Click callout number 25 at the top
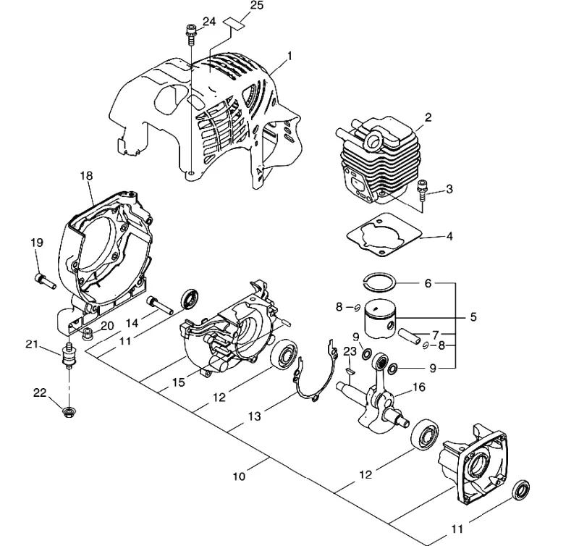click(x=257, y=6)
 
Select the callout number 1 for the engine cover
click(x=290, y=56)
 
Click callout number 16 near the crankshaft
click(x=419, y=387)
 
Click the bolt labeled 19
click(x=44, y=282)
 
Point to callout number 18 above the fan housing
click(x=86, y=176)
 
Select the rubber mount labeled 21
click(x=68, y=356)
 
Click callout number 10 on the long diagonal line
click(x=240, y=476)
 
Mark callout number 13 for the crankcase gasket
click(x=254, y=416)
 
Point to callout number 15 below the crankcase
click(x=178, y=382)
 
